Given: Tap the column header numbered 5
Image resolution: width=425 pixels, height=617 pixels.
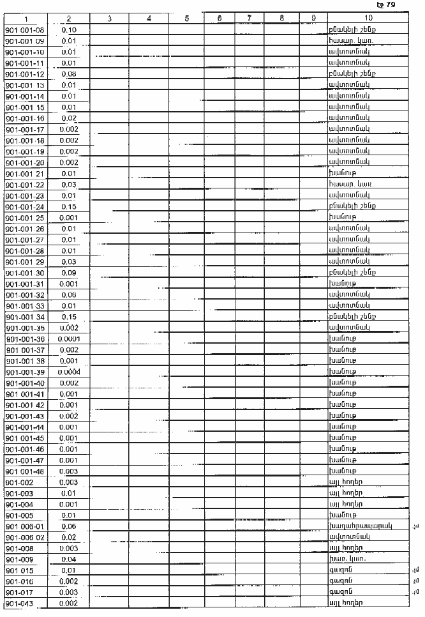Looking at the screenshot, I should pos(186,19).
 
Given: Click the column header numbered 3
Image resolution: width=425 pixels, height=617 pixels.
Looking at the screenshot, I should pos(110,19).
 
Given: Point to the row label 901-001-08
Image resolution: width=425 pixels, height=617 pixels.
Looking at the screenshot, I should pos(24,30).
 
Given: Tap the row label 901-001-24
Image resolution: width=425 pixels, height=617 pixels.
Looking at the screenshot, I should pos(24,206).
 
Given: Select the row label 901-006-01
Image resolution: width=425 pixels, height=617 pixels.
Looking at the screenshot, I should pos(24,526).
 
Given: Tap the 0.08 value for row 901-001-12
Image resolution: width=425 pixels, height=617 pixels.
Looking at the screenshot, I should pos(70,74).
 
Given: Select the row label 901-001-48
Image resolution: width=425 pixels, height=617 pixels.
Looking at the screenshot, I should pos(24,471).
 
